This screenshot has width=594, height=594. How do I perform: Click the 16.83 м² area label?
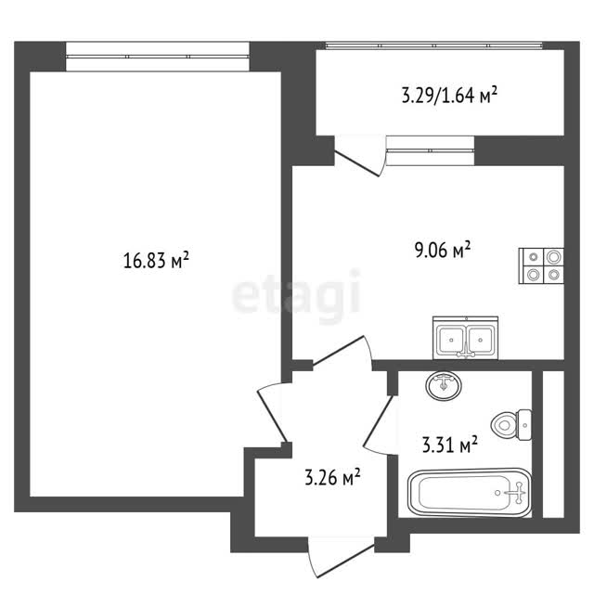pos(156,260)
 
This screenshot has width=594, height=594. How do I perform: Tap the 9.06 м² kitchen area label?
pos(443,250)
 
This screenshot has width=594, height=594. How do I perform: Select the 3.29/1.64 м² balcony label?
pos(449,95)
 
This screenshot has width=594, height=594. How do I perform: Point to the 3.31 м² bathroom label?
pos(449,445)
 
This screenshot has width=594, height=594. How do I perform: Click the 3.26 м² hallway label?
pos(332,477)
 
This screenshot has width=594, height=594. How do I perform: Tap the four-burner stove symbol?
pos(541,265)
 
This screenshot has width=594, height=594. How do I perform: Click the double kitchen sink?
pos(466,338)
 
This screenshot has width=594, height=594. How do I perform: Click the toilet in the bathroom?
pos(511,425)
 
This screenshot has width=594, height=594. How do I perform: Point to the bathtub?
pos(470,493)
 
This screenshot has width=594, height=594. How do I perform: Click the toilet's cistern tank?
pos(524,425)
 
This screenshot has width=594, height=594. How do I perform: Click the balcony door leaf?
pos(356,163)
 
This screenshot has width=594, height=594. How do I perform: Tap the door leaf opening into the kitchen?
pos(338,350)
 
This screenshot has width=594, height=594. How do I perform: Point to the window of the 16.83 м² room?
pos(158,57)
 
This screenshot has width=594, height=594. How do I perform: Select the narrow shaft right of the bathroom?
pos(553,445)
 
